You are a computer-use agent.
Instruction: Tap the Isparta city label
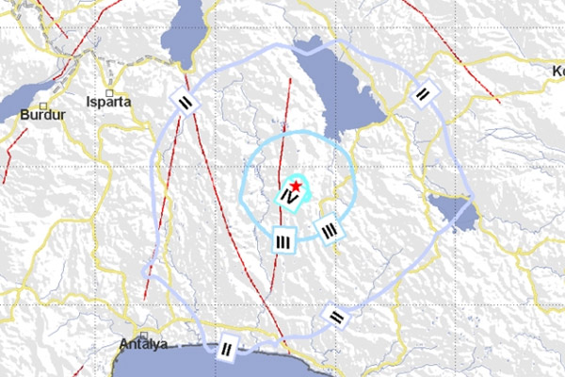[x=105, y=100]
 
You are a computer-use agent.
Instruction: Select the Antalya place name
[x=143, y=344]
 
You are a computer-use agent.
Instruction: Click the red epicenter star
[x=297, y=186]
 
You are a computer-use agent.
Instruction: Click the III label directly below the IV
[x=283, y=241]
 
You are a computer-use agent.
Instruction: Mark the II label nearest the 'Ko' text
[x=425, y=94]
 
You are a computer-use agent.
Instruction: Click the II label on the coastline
[x=226, y=351]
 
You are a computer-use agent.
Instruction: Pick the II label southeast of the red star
[x=333, y=317]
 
